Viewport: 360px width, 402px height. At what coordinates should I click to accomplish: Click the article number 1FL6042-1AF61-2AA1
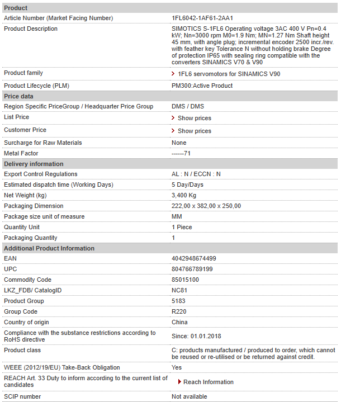pyautogui.click(x=202, y=18)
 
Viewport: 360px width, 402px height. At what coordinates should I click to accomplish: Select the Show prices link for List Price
pyautogui.click(x=194, y=118)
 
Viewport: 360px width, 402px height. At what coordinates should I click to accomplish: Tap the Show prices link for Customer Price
pyautogui.click(x=194, y=131)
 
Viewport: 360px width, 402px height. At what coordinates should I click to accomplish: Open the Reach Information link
pyautogui.click(x=208, y=382)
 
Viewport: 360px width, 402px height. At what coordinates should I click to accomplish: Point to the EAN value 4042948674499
pyautogui.click(x=193, y=258)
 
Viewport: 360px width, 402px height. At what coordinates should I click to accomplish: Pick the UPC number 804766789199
pyautogui.click(x=192, y=269)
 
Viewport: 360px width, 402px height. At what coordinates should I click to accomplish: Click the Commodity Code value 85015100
pyautogui.click(x=185, y=280)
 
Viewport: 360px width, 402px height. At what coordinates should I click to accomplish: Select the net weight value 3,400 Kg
pyautogui.click(x=184, y=195)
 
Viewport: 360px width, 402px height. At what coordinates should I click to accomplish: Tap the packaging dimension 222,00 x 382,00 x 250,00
pyautogui.click(x=206, y=206)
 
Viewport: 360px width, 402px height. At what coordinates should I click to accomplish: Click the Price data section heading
pyautogui.click(x=18, y=96)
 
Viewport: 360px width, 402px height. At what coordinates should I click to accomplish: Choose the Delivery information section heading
pyautogui.click(x=34, y=164)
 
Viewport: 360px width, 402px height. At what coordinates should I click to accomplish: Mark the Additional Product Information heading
pyautogui.click(x=49, y=248)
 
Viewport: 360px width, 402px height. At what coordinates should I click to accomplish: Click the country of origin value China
pyautogui.click(x=179, y=322)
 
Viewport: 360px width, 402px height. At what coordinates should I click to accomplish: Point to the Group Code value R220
pyautogui.click(x=179, y=311)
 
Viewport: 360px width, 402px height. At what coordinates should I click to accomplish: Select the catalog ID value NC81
pyautogui.click(x=179, y=290)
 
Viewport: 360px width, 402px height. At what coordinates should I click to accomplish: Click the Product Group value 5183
pyautogui.click(x=178, y=301)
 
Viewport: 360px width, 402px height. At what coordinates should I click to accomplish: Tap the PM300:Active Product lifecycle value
pyautogui.click(x=202, y=86)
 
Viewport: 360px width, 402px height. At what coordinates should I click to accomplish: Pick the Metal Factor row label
pyautogui.click(x=22, y=153)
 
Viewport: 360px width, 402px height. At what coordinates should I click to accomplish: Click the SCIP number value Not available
pyautogui.click(x=190, y=396)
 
